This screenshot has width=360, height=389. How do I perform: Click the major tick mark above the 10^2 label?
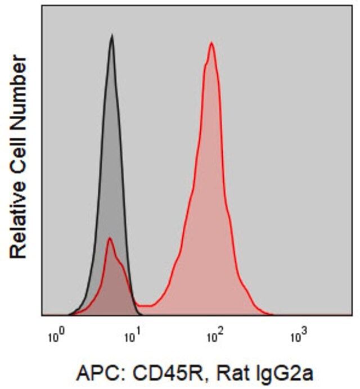(212, 319)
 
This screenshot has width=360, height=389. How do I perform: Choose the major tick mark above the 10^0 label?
(51, 319)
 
